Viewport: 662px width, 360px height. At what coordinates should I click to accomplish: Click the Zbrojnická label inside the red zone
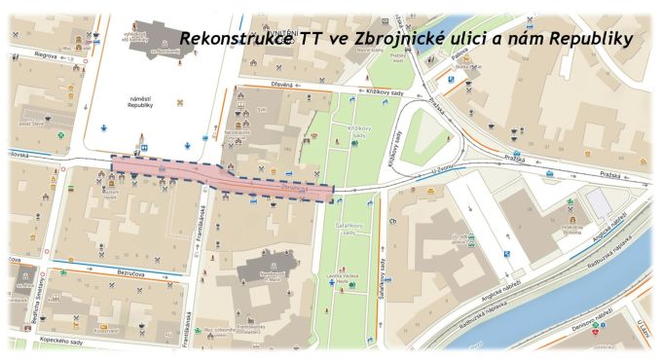[x=293, y=186]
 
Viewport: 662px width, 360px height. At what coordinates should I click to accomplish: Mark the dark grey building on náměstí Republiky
[x=146, y=39]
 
